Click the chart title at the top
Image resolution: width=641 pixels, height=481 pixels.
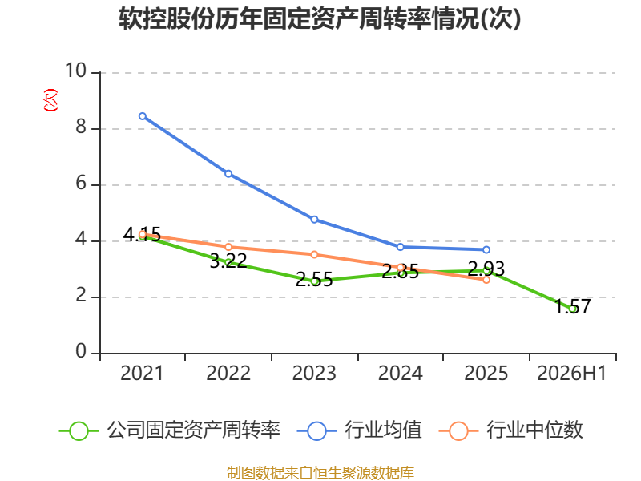pos(320,18)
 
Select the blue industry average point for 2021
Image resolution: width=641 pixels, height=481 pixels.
pos(143,116)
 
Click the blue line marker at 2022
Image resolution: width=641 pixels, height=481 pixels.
pos(228,174)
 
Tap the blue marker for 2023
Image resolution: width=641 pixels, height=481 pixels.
pos(314,220)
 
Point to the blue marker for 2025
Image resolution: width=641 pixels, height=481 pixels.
pos(486,249)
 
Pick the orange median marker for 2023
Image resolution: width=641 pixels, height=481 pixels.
pos(314,254)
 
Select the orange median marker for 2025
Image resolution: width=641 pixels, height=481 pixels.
pos(486,280)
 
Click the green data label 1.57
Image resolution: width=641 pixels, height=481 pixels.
pos(573,306)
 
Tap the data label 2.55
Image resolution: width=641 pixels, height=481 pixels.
pos(314,280)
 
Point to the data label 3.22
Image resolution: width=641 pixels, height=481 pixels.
pos(228,261)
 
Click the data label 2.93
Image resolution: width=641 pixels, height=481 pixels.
pos(486,269)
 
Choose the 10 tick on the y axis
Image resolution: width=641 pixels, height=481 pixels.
pos(76,71)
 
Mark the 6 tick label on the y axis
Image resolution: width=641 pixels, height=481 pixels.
pos(81,183)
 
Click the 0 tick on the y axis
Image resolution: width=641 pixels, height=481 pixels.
pos(81,351)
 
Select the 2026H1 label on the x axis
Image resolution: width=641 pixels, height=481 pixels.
pos(571,374)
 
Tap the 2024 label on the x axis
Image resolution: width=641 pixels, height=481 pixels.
pos(400,374)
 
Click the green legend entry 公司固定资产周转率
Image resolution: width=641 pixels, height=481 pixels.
pos(170,430)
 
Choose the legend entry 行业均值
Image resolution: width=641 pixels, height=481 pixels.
pos(359,430)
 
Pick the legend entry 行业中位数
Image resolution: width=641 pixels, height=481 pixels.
pos(510,430)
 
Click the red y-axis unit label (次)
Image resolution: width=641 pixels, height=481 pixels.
pos(50,100)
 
